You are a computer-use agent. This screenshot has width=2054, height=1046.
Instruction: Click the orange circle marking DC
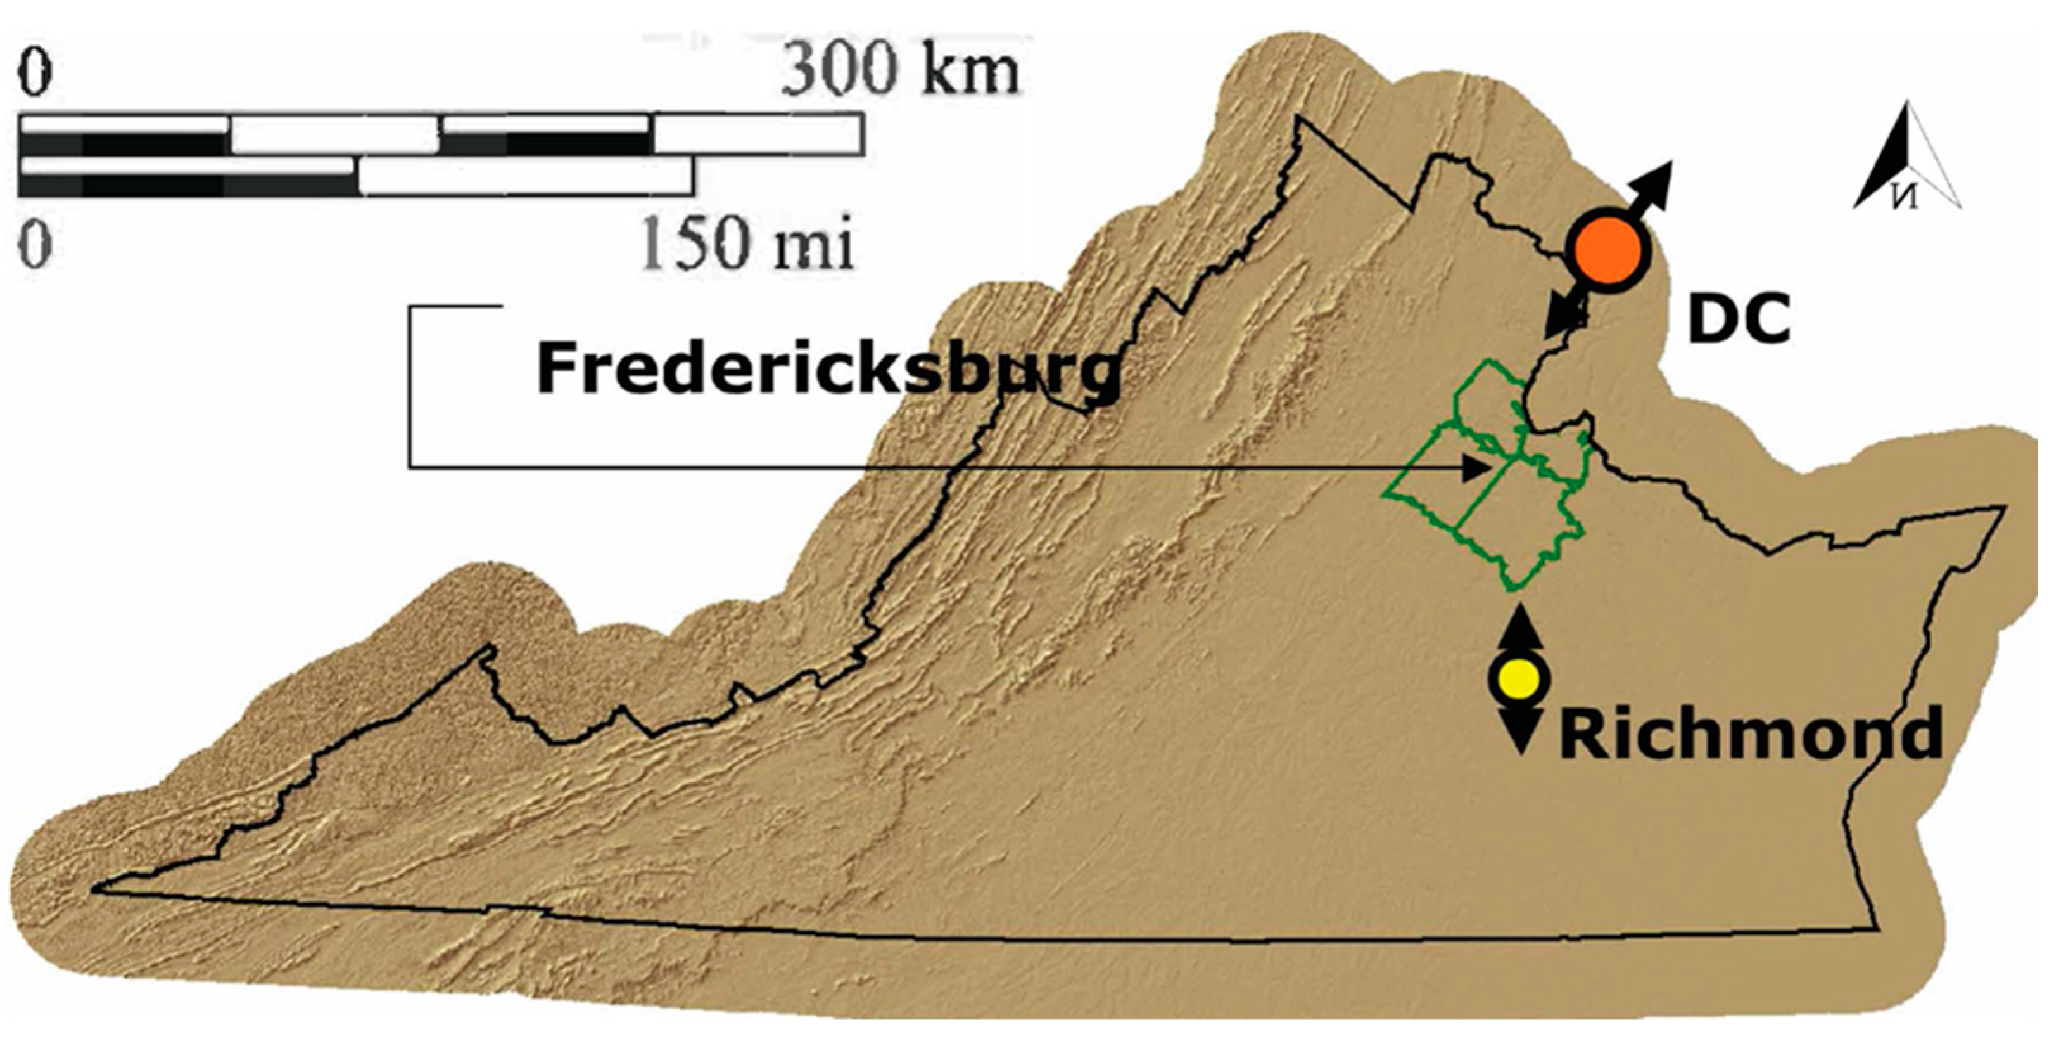point(1607,250)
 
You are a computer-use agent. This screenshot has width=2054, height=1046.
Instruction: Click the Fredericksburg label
point(828,368)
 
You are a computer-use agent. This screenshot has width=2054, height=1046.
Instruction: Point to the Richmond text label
point(1749,734)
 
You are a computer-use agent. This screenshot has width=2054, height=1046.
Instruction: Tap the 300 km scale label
point(899,72)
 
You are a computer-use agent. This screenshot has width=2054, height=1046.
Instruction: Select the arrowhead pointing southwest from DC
point(1559,319)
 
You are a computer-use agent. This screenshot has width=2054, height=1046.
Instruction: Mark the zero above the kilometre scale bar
point(35,74)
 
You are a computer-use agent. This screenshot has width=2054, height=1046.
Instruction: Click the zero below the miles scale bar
point(35,243)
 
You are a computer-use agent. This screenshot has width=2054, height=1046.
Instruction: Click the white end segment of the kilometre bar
point(758,134)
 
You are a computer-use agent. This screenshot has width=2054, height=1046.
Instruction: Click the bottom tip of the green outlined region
point(1510,590)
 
